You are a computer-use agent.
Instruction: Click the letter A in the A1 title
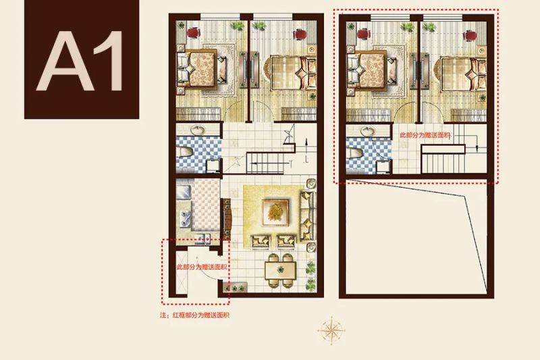click(x=65, y=61)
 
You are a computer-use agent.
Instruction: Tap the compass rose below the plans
click(x=331, y=330)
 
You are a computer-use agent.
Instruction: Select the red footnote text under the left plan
click(x=194, y=315)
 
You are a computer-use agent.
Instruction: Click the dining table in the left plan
click(x=280, y=271)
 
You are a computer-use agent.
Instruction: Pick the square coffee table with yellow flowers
click(x=275, y=212)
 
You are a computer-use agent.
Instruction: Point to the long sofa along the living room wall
click(x=308, y=216)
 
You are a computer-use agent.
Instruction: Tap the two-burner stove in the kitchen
click(x=185, y=218)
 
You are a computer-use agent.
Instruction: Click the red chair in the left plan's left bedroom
click(x=194, y=32)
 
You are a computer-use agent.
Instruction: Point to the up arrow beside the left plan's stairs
click(x=306, y=145)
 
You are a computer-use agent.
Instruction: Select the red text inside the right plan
click(x=425, y=135)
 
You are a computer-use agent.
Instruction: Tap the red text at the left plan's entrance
click(x=202, y=267)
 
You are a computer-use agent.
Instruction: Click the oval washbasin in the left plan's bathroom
click(x=198, y=130)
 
